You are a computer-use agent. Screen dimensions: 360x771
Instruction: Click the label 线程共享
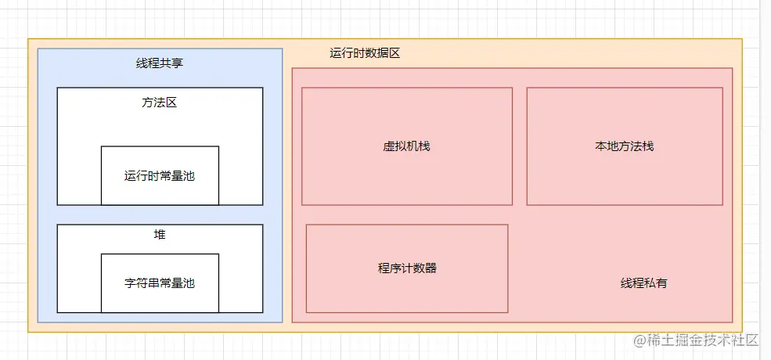pyautogui.click(x=160, y=63)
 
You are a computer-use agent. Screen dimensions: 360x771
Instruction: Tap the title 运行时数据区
pyautogui.click(x=365, y=53)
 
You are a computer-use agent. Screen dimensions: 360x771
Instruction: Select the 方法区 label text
pyautogui.click(x=160, y=103)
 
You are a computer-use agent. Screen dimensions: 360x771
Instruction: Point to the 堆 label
pyautogui.click(x=160, y=235)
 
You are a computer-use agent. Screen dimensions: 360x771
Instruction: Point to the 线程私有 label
pyautogui.click(x=643, y=283)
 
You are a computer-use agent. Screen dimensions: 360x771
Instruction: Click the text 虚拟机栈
pyautogui.click(x=407, y=146)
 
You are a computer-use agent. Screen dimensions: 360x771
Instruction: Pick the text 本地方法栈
pyautogui.click(x=624, y=146)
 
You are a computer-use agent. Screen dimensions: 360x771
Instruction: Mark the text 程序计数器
pyautogui.click(x=407, y=268)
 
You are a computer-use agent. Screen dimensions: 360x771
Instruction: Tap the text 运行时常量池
pyautogui.click(x=160, y=176)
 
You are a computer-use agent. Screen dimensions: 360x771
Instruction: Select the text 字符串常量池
pyautogui.click(x=160, y=283)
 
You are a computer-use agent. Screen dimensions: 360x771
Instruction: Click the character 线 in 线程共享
pyautogui.click(x=142, y=63)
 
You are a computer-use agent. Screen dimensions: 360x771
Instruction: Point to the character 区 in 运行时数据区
pyautogui.click(x=395, y=53)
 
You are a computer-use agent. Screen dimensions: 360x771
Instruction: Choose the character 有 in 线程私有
pyautogui.click(x=661, y=283)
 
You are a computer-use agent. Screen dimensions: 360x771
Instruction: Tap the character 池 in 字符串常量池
pyautogui.click(x=189, y=283)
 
